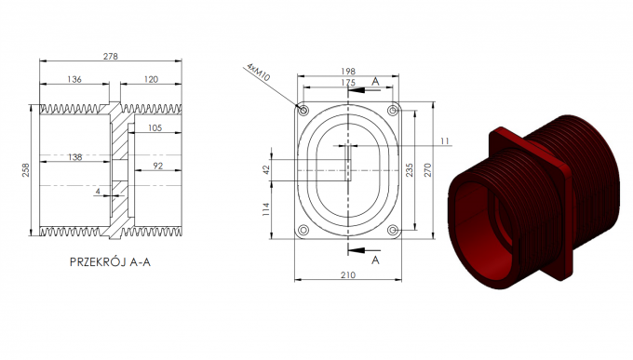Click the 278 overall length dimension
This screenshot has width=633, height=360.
[x=111, y=57]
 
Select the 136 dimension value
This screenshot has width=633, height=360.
[x=75, y=80]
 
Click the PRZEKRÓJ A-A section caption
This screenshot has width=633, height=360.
[x=110, y=262]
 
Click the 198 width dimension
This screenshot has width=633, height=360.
[x=348, y=71]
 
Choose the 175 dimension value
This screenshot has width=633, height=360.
[x=347, y=83]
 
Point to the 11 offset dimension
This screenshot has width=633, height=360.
[x=444, y=140]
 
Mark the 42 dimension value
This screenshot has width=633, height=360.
[x=267, y=168]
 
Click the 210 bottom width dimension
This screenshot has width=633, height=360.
[x=347, y=276]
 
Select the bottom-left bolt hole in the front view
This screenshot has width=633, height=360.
[x=302, y=230]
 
